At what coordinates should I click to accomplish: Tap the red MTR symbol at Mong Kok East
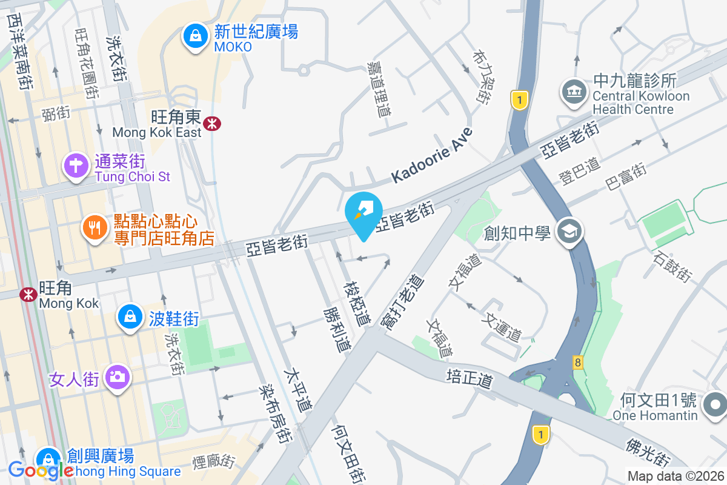click(212, 124)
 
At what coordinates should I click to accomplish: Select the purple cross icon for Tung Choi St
click(76, 165)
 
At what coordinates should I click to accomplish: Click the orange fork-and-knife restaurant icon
click(95, 228)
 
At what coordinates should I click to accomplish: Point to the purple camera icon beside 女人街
click(116, 377)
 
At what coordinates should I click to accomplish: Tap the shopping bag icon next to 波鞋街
click(130, 316)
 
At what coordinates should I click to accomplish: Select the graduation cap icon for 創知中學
click(570, 232)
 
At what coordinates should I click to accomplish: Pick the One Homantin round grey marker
click(715, 404)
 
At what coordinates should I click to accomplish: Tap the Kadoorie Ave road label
click(431, 155)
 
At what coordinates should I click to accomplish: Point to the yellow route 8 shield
click(578, 363)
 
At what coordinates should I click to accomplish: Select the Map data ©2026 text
click(675, 476)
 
